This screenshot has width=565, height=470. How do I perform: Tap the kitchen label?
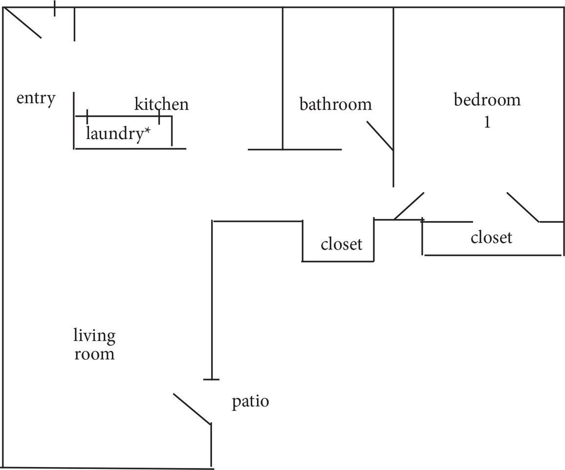161,104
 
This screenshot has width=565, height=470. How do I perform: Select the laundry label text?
114,134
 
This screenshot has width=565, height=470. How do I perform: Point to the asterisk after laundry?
147,131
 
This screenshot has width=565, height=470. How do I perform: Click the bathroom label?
335,104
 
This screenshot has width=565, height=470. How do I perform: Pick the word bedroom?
487,100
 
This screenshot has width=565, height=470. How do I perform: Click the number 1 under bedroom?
487,122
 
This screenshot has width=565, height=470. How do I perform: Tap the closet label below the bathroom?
341,244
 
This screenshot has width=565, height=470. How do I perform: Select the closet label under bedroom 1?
491,237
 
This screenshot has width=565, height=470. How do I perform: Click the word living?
94,336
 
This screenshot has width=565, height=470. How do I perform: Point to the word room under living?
94,354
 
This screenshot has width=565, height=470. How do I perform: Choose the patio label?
250,402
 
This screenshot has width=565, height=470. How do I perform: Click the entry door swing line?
22,23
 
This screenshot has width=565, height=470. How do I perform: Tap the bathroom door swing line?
380,136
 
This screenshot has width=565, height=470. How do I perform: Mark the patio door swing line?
192,409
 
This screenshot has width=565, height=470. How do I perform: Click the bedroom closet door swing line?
523,207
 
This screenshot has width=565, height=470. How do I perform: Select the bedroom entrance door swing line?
410,206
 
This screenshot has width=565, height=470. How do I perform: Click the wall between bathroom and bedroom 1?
393,97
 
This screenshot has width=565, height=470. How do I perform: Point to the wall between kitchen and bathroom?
283,78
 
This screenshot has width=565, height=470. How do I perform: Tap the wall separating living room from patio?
212,300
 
